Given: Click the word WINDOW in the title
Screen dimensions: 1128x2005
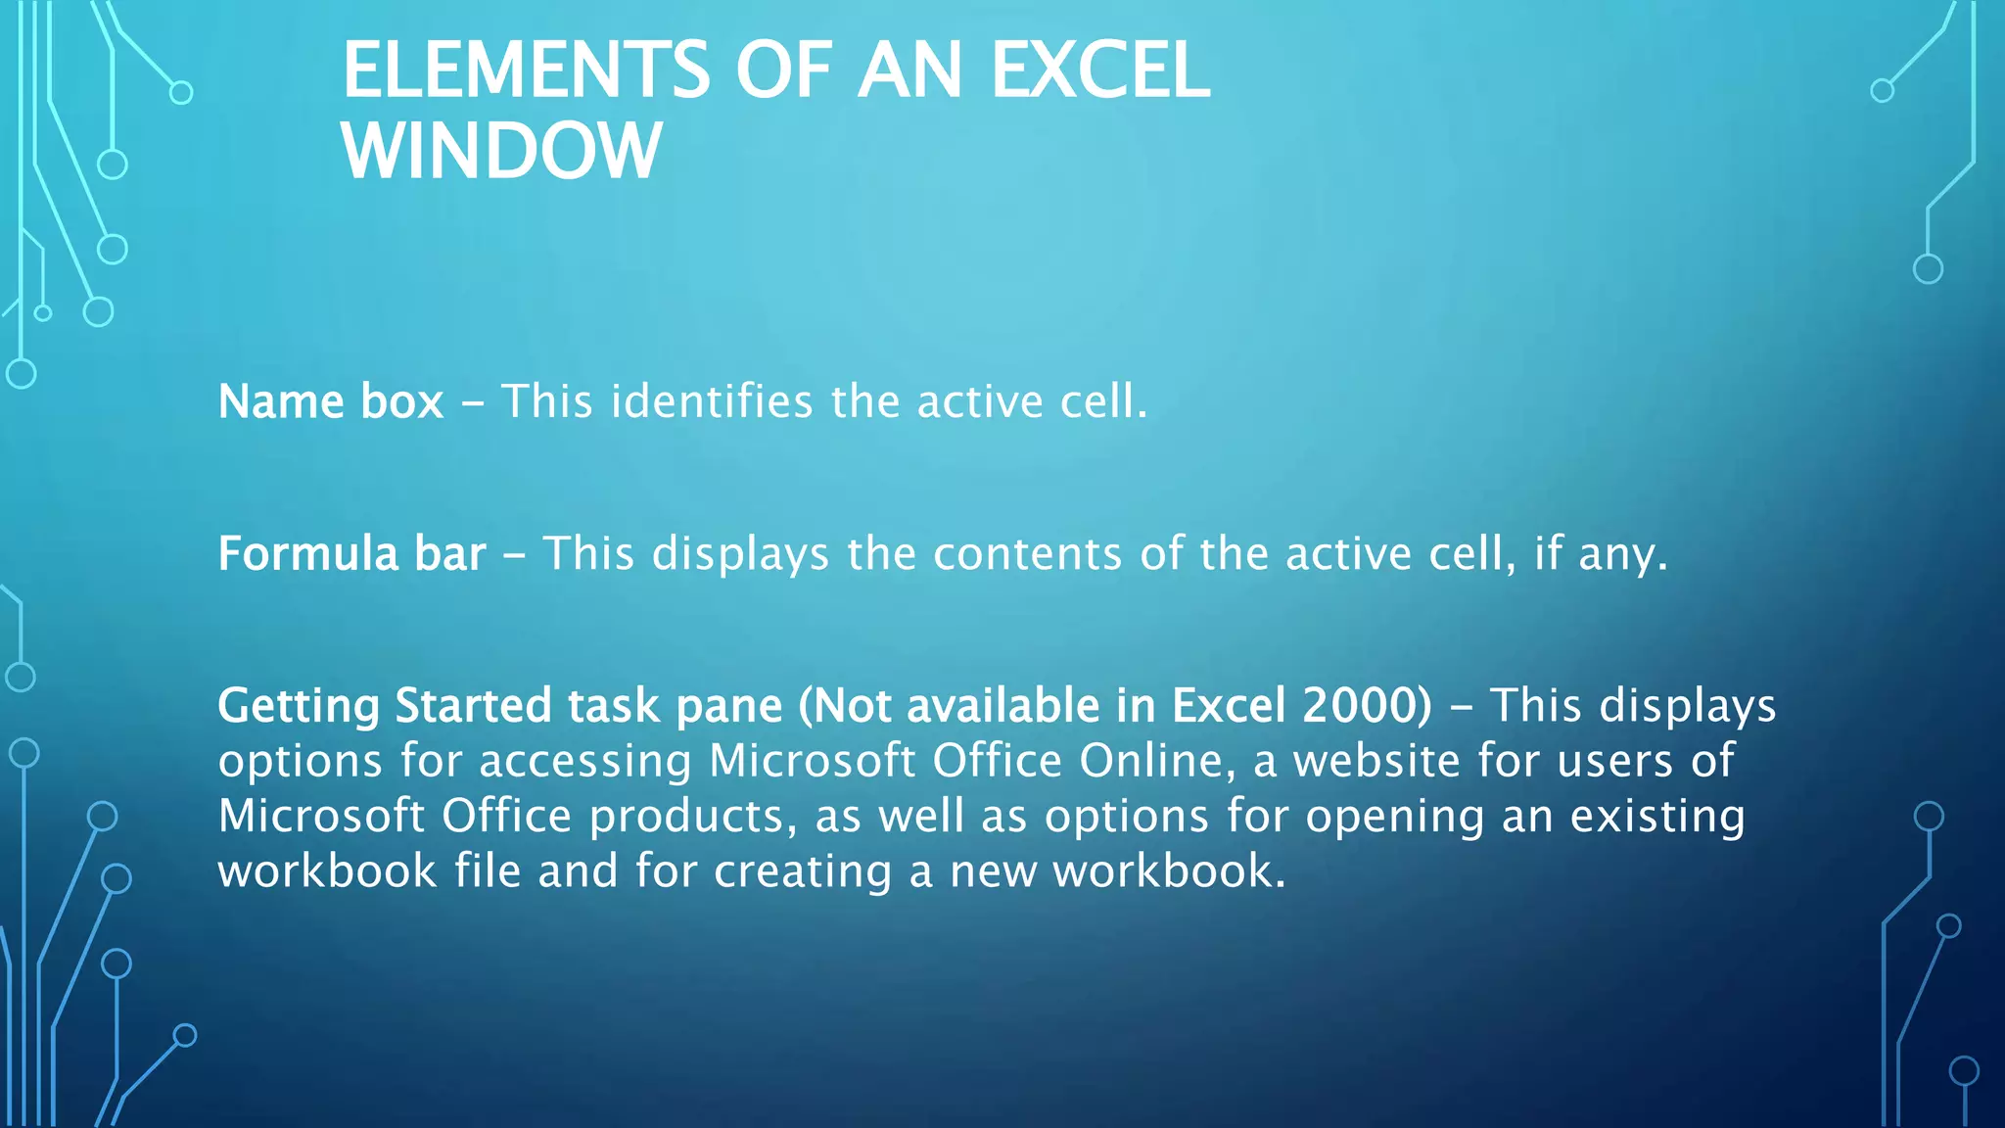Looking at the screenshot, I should coord(501,151).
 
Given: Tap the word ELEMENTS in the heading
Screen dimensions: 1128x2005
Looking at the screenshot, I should coord(526,70).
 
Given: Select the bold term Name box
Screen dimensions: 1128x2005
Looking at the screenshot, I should coord(330,401).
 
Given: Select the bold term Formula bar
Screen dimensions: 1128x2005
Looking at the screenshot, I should coord(351,554).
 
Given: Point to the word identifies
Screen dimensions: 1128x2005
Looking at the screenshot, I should coord(712,401).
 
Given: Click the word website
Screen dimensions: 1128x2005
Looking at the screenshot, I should coord(1376,761).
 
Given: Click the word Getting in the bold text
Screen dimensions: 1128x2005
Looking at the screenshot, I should coord(298,706).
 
